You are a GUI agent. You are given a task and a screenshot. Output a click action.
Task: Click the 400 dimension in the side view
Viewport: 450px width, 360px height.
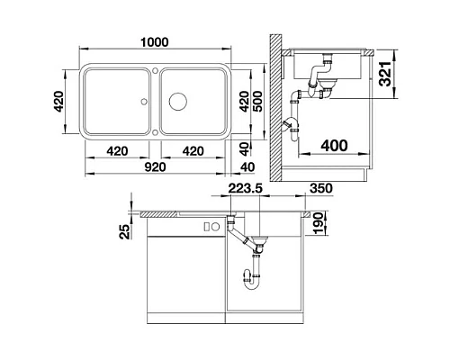[335, 145]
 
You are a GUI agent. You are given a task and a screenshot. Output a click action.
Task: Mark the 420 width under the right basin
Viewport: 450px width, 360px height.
[193, 151]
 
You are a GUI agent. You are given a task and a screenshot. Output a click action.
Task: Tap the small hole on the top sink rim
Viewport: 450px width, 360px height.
[155, 68]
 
